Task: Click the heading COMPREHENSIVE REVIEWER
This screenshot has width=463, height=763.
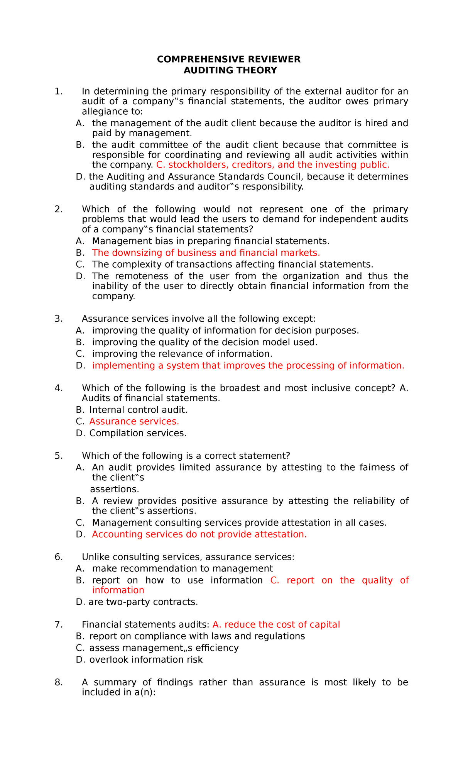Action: (x=228, y=59)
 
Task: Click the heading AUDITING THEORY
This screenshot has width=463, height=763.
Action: (x=230, y=70)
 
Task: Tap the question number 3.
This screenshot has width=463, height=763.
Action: (x=59, y=319)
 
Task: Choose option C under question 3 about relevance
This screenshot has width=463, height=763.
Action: (x=182, y=354)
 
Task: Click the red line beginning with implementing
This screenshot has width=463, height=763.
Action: (x=248, y=366)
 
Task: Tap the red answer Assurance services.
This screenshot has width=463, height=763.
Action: (x=134, y=422)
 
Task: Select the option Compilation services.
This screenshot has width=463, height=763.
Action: (x=138, y=433)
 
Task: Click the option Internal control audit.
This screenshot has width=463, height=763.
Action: (x=138, y=410)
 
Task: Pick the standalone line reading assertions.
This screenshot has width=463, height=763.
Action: (x=114, y=489)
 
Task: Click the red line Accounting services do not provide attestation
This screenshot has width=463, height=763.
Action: (x=199, y=534)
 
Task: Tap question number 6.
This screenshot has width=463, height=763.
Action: (x=59, y=557)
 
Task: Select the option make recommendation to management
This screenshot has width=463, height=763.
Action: (x=182, y=568)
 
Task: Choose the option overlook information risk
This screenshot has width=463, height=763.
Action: (x=145, y=660)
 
